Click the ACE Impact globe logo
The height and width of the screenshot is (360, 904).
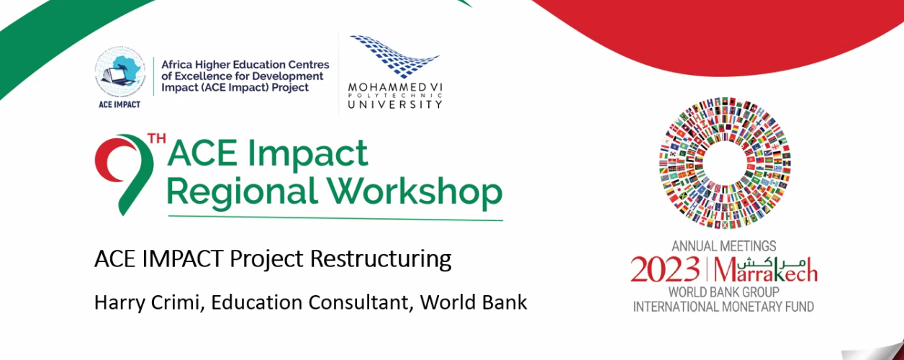[x=120, y=71]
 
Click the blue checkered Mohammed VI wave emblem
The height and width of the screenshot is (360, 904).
[x=394, y=56]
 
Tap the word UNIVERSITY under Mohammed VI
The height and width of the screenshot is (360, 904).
[x=395, y=104]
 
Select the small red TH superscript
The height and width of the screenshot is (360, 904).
[x=157, y=139]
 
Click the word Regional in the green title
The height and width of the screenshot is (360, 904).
[x=241, y=192]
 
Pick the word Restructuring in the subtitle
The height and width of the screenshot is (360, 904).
[x=381, y=259]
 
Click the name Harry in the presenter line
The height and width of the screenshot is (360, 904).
[x=119, y=302]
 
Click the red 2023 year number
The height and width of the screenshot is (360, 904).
[x=665, y=269]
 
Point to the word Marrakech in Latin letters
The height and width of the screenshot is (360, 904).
[x=766, y=271]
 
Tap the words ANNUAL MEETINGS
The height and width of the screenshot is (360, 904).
[x=724, y=246]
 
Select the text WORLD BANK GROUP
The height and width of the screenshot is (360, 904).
[x=724, y=292]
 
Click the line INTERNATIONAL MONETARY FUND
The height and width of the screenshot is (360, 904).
[x=723, y=307]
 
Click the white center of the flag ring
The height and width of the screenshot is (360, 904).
[x=725, y=163]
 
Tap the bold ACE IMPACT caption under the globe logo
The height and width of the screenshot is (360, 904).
[x=119, y=104]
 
